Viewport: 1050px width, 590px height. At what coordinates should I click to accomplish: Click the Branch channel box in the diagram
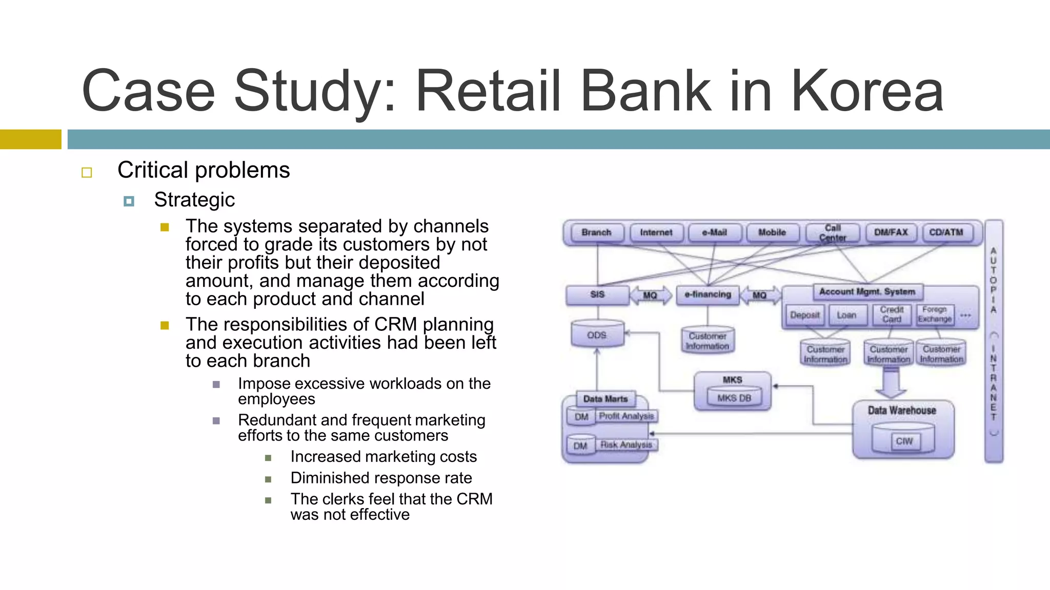[596, 233]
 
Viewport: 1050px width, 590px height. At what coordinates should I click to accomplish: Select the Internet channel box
[656, 233]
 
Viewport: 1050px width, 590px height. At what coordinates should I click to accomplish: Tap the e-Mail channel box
[715, 233]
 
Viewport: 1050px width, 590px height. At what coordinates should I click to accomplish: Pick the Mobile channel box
[772, 233]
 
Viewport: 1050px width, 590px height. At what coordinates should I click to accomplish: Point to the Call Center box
[833, 233]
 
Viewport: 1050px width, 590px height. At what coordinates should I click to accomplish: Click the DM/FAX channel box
[891, 233]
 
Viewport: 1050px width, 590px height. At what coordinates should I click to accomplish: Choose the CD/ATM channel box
[946, 233]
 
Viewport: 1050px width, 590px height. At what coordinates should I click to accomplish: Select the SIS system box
[597, 295]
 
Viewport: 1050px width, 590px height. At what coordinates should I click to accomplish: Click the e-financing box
[708, 295]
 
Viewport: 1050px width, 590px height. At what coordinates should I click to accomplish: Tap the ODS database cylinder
[597, 334]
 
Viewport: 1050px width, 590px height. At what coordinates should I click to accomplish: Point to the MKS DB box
[734, 398]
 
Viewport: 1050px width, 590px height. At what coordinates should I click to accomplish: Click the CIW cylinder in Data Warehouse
[903, 440]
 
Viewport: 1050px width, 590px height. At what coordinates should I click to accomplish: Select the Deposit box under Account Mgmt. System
[804, 315]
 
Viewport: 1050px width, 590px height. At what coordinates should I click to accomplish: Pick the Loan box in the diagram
[846, 315]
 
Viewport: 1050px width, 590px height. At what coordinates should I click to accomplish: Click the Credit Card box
[892, 314]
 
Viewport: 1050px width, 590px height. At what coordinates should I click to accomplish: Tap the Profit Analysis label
[627, 416]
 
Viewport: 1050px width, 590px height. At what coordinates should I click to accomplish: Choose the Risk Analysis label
[627, 445]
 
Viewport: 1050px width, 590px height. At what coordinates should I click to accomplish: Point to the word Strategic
[194, 200]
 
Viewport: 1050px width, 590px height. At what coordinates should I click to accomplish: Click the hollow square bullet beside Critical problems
[87, 173]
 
